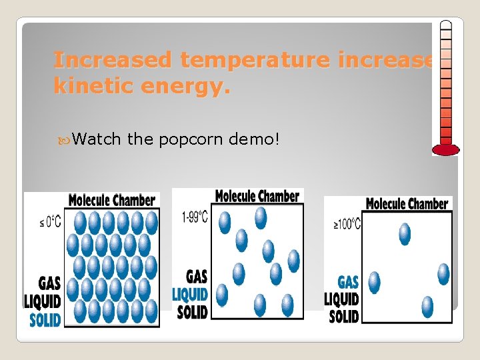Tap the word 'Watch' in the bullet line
click(x=97, y=139)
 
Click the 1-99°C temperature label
click(x=194, y=217)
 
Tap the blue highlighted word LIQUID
click(x=190, y=294)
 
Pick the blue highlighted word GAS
click(x=348, y=282)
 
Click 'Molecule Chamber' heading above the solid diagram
click(x=112, y=200)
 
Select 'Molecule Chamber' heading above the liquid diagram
click(x=257, y=196)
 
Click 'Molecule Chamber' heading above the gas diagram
click(x=407, y=204)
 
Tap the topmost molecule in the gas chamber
click(x=404, y=234)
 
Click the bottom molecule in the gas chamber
click(x=427, y=306)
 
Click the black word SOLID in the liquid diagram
click(x=193, y=311)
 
